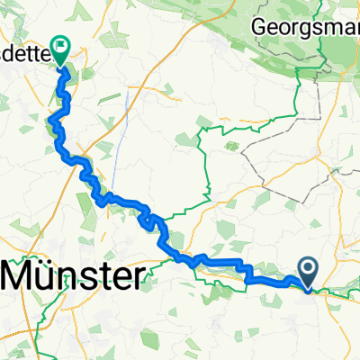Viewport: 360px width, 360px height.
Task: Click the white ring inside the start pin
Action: tap(307, 267)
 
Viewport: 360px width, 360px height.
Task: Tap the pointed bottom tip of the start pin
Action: tap(307, 290)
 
